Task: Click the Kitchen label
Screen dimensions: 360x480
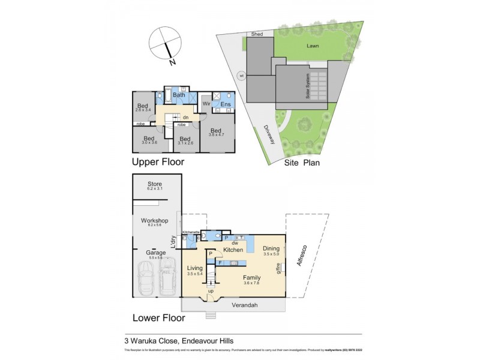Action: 233,250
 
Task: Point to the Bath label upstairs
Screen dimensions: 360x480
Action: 179,95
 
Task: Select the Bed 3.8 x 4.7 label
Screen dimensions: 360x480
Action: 215,131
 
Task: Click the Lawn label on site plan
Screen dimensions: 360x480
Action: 312,46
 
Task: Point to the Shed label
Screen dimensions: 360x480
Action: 257,34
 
